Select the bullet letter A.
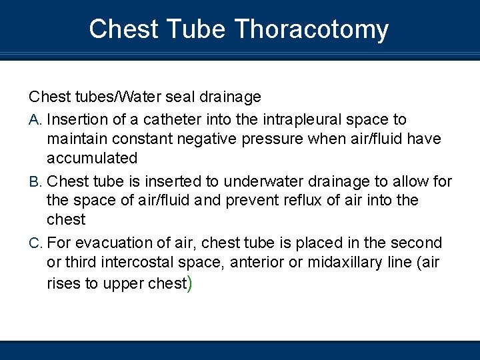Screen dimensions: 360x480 pos(35,120)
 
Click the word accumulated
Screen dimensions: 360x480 pos(92,159)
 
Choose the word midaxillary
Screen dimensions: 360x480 pos(343,263)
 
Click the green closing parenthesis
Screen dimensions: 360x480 pos(190,283)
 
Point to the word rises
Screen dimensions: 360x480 pos(63,283)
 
